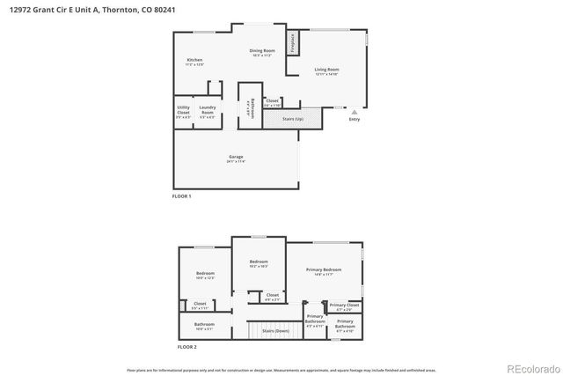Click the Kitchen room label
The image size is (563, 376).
coord(194,60)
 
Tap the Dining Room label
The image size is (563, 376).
coord(262,51)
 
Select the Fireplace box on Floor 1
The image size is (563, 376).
coord(291,42)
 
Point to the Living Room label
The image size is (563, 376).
coord(327,69)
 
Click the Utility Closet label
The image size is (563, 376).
coord(183,111)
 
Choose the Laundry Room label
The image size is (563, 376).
coord(207,111)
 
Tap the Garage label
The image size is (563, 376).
coord(236,157)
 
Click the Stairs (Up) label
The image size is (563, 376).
coord(293,118)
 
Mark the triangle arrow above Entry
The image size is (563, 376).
coord(354,113)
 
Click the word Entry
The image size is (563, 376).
coord(354,120)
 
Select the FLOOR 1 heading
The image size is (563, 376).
coord(181,195)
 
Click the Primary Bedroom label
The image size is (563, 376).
coord(324,269)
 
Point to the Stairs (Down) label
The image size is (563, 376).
coord(275,330)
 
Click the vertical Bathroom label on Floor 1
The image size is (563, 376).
coord(252,107)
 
